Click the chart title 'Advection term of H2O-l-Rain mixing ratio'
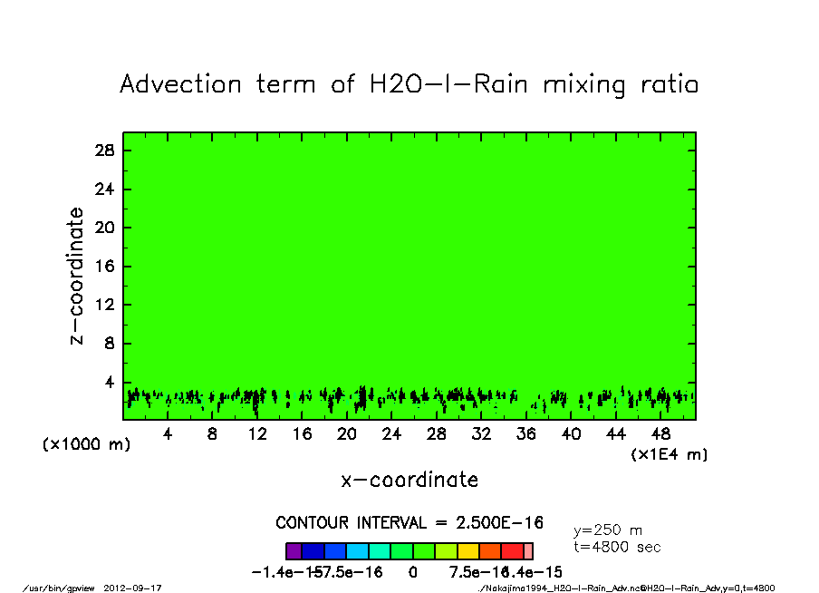click(409, 85)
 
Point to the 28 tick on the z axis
click(104, 151)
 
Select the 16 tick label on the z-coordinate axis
click(104, 267)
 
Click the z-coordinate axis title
click(77, 276)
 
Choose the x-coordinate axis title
click(409, 480)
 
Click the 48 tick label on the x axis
click(660, 434)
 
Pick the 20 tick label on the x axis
click(347, 434)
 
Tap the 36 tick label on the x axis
click(526, 434)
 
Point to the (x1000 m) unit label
click(87, 445)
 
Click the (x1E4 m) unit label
click(670, 454)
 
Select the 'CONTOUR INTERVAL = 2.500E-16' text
click(409, 523)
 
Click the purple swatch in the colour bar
click(294, 551)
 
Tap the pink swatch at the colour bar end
click(528, 551)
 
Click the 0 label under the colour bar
click(412, 572)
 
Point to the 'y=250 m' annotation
click(608, 530)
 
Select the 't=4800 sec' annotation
click(617, 547)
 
